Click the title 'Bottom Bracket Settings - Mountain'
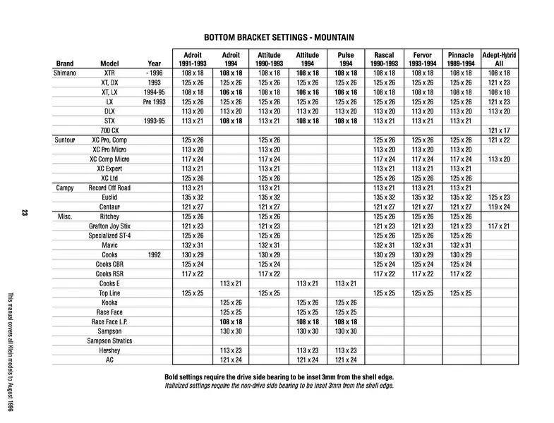(x=279, y=37)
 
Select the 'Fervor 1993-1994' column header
(x=422, y=58)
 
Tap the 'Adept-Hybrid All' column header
(x=499, y=58)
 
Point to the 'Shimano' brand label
(x=66, y=73)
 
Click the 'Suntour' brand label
(x=66, y=140)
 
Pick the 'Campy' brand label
(x=65, y=188)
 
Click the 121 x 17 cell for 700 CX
(x=499, y=130)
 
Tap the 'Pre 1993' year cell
(x=154, y=102)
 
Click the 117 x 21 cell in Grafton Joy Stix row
(x=499, y=226)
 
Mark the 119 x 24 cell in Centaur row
(x=499, y=207)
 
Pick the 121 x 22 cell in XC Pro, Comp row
(x=499, y=140)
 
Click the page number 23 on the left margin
(x=25, y=213)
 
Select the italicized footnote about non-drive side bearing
(x=279, y=386)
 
